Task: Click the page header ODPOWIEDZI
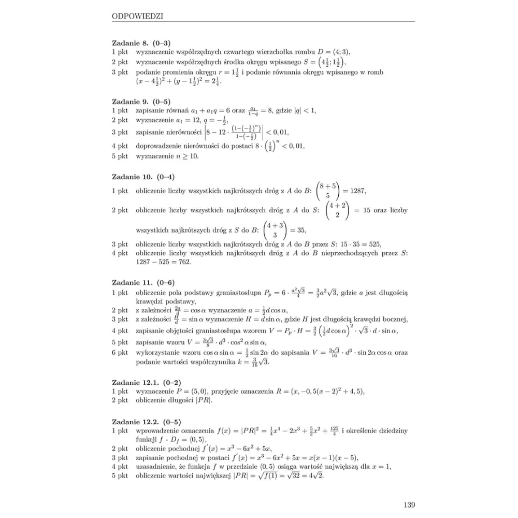coord(137,16)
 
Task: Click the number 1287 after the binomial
coord(357,191)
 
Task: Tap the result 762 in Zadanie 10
coord(183,262)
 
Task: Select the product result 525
coord(375,244)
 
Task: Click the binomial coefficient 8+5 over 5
coord(328,191)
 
